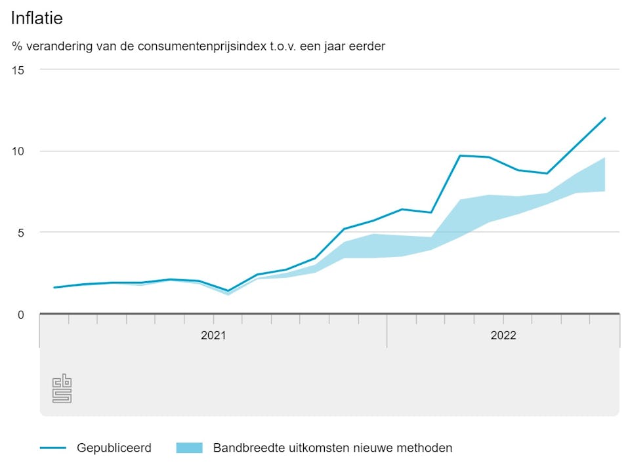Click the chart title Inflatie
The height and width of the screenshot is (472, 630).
tap(37, 18)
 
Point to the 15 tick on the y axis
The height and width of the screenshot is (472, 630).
tap(18, 70)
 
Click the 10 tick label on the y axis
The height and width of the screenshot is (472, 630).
tap(18, 151)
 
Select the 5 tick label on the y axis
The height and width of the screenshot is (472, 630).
tap(20, 233)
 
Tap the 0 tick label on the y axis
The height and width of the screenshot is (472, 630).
tap(20, 315)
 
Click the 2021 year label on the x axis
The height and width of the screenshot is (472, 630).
tap(213, 336)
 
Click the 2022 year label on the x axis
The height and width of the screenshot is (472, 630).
tap(503, 336)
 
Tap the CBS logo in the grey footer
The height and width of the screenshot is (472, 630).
tap(62, 388)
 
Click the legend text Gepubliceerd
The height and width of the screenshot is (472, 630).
tap(114, 448)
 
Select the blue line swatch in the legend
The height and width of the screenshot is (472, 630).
tap(53, 448)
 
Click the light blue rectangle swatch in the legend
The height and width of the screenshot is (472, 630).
tap(190, 448)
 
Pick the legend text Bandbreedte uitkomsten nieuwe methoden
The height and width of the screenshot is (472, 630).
tap(333, 448)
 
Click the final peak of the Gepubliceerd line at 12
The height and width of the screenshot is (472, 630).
tap(604, 118)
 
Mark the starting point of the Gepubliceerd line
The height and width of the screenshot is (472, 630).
tap(54, 287)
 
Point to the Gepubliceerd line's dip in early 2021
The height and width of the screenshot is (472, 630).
tap(228, 290)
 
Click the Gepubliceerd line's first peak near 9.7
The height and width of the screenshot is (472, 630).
tap(460, 155)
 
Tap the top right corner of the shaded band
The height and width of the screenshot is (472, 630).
tap(604, 158)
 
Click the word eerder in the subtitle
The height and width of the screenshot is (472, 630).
tap(367, 47)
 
